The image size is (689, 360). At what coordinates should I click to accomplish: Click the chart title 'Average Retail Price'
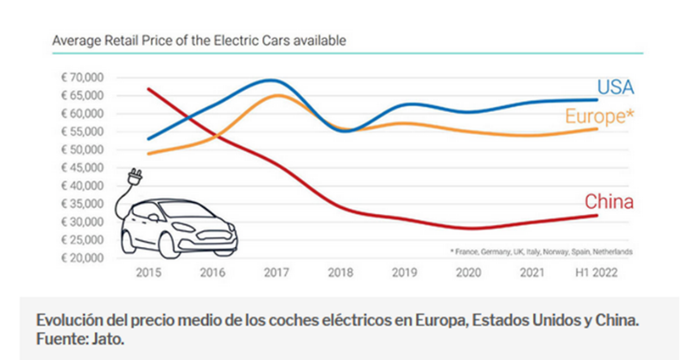click(x=200, y=40)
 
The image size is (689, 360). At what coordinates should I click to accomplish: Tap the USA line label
click(x=616, y=87)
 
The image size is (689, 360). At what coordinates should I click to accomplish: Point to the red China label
click(x=610, y=202)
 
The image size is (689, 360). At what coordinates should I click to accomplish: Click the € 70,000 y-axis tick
click(x=82, y=78)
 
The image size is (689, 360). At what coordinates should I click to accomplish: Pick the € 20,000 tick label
click(x=82, y=258)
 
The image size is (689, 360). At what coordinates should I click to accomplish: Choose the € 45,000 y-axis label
click(x=82, y=167)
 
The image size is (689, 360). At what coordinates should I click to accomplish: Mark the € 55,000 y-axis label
click(x=82, y=132)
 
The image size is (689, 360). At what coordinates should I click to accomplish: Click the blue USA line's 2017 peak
click(x=271, y=80)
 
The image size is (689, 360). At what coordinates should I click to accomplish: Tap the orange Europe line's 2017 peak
click(x=275, y=95)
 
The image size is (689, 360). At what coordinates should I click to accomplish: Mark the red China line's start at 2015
click(x=149, y=89)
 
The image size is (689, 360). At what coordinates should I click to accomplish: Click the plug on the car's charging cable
click(x=134, y=178)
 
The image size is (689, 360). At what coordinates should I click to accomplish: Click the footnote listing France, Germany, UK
click(x=540, y=251)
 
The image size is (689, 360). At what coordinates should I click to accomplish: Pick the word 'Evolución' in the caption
click(x=66, y=319)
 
